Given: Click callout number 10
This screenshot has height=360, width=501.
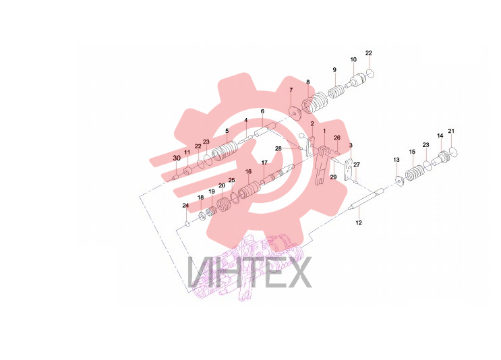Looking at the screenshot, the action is pos(353,59).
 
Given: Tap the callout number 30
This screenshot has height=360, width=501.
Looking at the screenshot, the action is pos(177,158).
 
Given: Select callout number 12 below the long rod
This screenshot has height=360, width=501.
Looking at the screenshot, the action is pos(359,222).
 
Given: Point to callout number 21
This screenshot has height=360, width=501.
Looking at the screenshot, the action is pos(451,131).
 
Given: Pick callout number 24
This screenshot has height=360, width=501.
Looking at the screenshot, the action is pos(185,205).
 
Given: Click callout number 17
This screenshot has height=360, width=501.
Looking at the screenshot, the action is pos(264,162).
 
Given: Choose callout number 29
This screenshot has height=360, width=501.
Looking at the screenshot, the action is pos(333,177).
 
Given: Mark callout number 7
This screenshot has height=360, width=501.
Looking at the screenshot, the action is pos(291,90).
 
